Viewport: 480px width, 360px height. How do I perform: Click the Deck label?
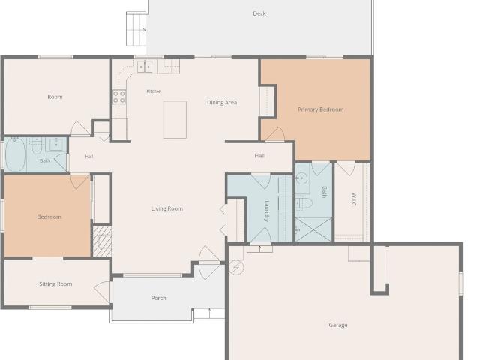(259, 13)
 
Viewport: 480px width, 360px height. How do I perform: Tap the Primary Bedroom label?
(320, 109)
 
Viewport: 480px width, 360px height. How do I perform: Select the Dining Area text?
(222, 102)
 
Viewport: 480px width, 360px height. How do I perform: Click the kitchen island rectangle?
(175, 120)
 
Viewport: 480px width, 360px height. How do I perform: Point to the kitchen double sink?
(145, 66)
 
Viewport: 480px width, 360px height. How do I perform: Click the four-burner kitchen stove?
(119, 97)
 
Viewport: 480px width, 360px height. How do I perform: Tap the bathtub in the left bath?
(15, 154)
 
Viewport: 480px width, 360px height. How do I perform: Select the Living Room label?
(166, 208)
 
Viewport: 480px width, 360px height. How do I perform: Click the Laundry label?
(266, 211)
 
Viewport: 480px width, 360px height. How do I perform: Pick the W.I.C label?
(353, 199)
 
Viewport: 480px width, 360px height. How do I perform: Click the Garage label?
(338, 325)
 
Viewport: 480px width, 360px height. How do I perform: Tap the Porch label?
(158, 298)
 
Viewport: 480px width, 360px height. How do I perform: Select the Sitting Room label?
(55, 283)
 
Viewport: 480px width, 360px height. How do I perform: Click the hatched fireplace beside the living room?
(102, 241)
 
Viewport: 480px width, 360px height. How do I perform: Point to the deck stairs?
(136, 29)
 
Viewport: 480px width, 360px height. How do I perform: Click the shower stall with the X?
(313, 229)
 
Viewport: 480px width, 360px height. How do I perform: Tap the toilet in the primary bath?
(303, 202)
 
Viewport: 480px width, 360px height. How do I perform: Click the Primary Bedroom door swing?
(275, 134)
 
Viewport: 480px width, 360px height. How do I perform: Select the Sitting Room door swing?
(102, 291)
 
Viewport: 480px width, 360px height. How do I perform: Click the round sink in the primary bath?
(301, 178)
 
